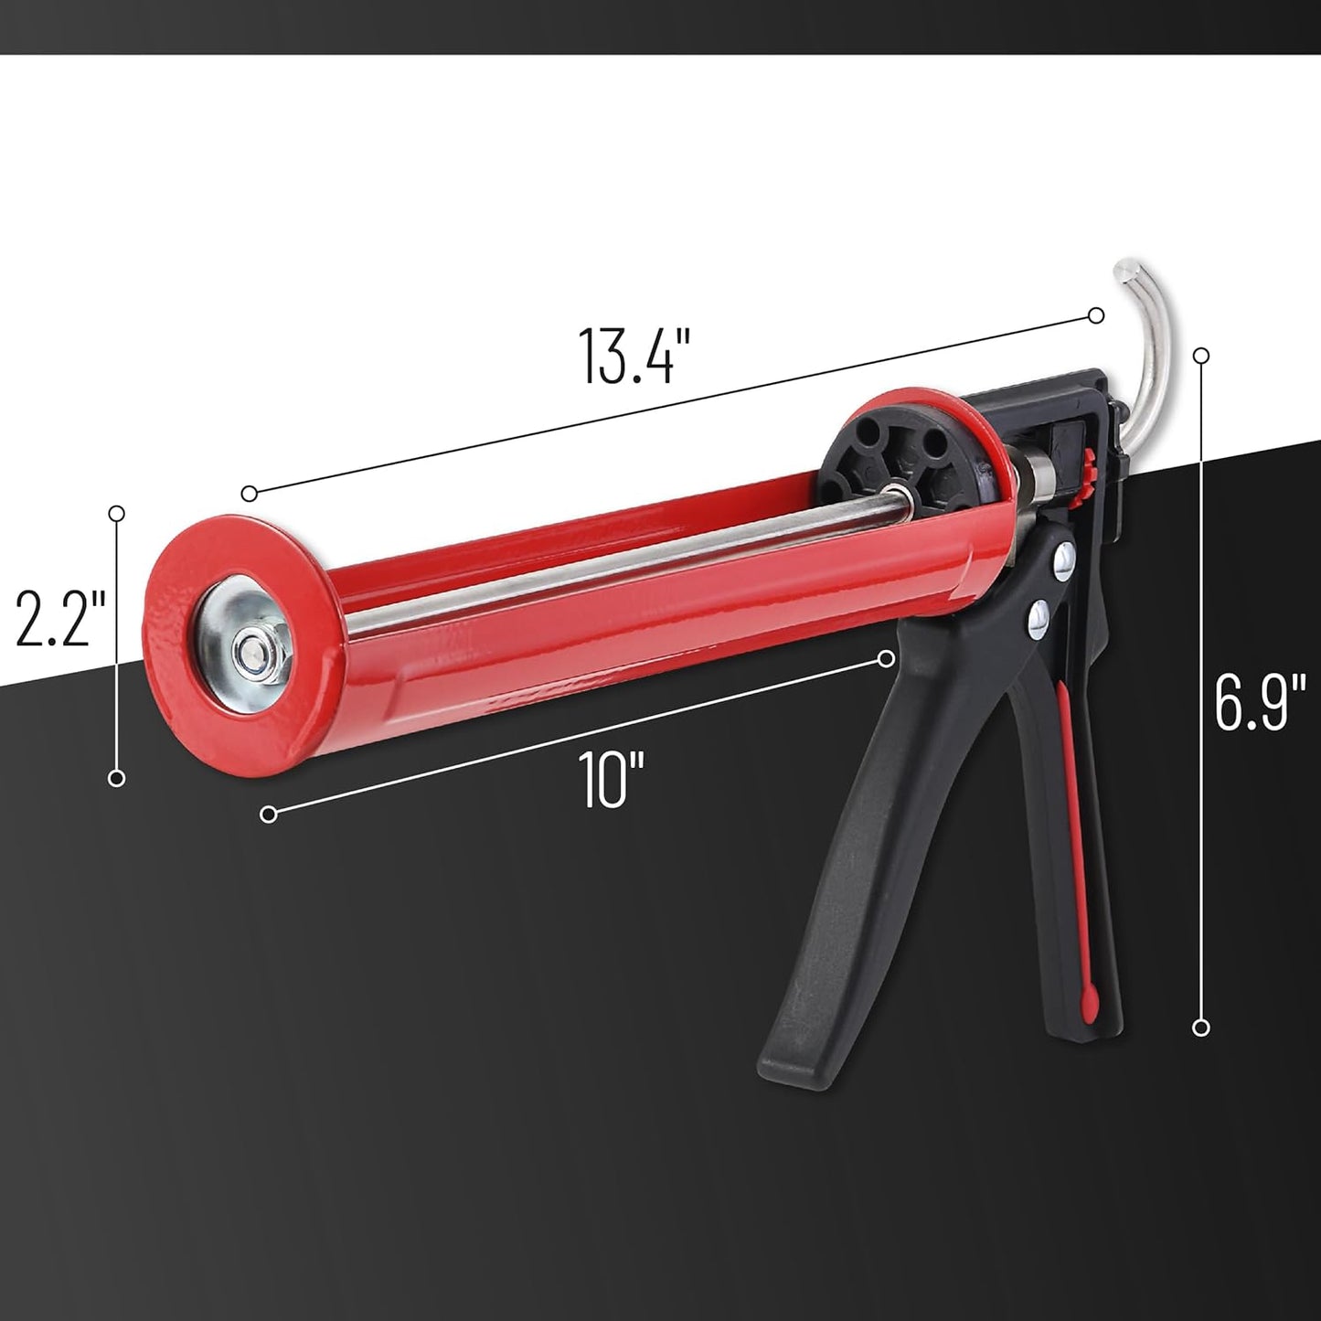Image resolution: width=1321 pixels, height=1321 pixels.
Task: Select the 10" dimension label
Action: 613,779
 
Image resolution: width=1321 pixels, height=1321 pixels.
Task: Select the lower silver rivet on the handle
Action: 1039,617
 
